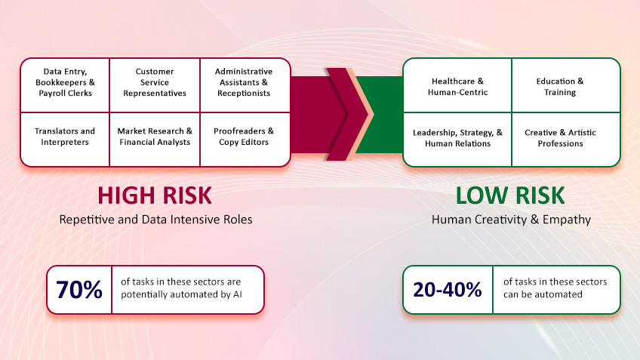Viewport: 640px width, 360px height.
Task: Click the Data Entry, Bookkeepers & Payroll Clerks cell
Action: point(65,83)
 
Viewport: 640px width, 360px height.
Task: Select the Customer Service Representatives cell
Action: point(155,83)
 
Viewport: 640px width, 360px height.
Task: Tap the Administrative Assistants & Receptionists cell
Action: point(244,83)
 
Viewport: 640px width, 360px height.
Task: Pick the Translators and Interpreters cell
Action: point(65,137)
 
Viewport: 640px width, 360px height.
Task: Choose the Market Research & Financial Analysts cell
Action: point(155,137)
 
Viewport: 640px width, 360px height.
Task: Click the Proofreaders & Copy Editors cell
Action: point(244,137)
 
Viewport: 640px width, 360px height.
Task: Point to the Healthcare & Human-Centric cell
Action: point(457,87)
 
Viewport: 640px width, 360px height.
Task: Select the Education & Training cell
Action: point(560,87)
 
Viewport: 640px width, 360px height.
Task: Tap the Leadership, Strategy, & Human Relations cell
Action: point(457,138)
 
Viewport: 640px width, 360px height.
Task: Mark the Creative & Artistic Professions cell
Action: point(560,138)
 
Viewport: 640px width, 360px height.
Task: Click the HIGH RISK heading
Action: point(155,195)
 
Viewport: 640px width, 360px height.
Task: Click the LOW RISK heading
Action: point(510,195)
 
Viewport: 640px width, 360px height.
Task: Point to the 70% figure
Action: point(78,290)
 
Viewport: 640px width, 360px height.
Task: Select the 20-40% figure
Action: point(447,289)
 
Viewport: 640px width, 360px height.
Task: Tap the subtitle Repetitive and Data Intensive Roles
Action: point(155,220)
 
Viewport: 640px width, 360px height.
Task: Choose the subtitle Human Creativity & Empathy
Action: point(510,220)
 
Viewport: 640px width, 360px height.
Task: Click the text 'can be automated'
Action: point(543,294)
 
